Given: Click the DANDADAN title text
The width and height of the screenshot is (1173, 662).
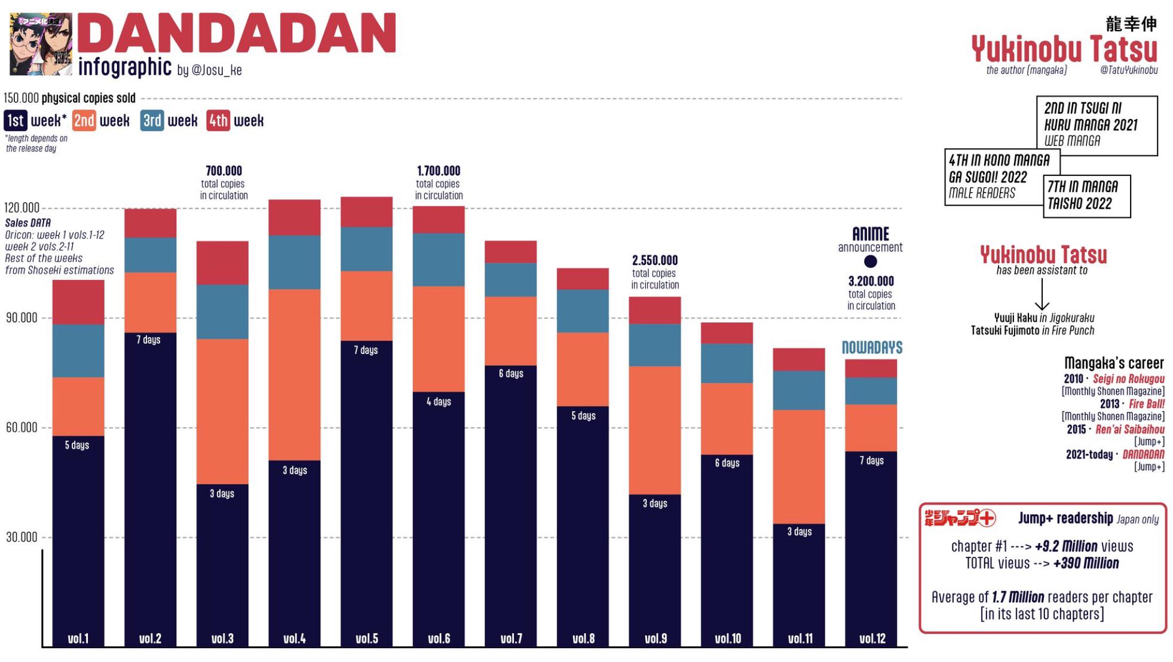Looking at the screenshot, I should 237,33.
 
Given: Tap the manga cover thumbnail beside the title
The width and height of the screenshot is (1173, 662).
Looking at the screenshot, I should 41,44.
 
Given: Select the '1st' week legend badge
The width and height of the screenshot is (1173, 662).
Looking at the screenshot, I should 16,121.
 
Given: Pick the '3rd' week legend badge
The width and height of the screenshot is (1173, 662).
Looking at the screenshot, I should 152,121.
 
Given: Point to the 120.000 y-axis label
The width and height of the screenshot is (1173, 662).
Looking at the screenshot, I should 22,208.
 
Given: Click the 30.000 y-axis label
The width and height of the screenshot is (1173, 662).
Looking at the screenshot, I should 22,537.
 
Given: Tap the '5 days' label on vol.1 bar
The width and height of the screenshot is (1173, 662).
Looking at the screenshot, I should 77,445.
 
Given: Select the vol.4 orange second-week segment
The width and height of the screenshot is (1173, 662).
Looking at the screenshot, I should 295,375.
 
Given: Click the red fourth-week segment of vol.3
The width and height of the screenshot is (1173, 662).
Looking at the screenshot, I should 222,263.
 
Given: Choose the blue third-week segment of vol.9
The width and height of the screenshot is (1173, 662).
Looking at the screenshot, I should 655,345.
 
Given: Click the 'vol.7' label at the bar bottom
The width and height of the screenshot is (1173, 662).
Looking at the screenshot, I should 511,639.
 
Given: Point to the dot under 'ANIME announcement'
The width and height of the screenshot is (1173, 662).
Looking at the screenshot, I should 871,261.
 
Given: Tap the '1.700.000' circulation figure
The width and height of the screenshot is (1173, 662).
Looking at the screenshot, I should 439,171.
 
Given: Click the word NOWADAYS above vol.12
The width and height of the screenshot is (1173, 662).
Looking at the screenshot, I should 872,347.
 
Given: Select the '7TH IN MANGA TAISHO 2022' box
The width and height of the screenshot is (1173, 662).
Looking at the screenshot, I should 1086,196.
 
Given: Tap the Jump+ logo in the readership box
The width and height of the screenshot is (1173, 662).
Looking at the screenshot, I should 960,518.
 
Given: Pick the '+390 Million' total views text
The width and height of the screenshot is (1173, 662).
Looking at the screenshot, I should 1086,563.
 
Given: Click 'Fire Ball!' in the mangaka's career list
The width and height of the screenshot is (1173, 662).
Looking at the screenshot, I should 1146,404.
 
